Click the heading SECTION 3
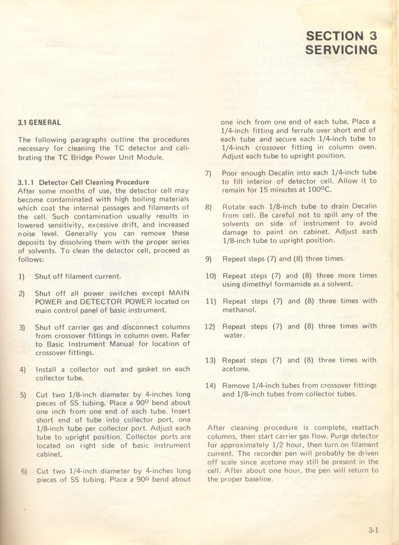[x=342, y=36]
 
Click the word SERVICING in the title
[x=342, y=50]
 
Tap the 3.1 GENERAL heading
[x=39, y=122]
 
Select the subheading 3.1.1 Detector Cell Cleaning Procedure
[x=83, y=182]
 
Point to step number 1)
[x=21, y=276]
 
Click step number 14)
[x=211, y=385]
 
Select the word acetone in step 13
[x=236, y=368]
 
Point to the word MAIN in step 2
[x=179, y=293]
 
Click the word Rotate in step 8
[x=234, y=206]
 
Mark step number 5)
[x=23, y=395]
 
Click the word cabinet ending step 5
[x=49, y=454]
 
